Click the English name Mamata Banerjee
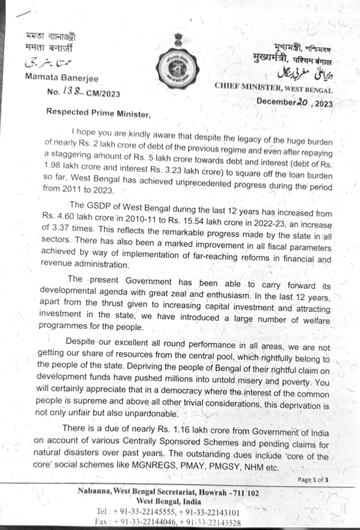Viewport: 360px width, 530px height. pyautogui.click(x=61, y=78)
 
